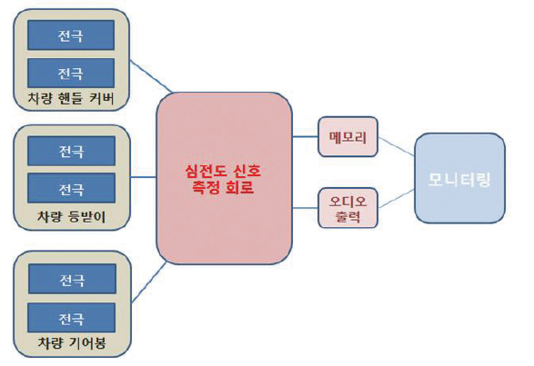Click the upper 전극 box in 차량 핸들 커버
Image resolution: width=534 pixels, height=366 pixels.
click(71, 35)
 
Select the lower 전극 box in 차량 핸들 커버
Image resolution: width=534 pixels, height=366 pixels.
click(71, 73)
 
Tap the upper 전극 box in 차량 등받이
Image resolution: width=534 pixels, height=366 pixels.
click(71, 151)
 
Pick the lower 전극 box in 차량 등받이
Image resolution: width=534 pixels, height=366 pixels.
click(71, 188)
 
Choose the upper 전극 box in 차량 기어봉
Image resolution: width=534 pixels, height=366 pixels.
click(72, 279)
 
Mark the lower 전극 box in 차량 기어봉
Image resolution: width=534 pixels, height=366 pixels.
click(72, 318)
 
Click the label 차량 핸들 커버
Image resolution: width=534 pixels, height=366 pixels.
click(71, 98)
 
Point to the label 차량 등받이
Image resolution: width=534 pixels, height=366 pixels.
click(71, 216)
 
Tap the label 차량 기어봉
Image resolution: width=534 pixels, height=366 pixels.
click(72, 342)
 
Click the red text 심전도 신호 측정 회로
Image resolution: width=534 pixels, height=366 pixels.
click(223, 179)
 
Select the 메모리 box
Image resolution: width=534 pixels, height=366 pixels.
click(348, 137)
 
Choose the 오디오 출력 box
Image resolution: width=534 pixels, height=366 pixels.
click(348, 208)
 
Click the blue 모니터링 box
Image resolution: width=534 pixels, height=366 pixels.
click(459, 178)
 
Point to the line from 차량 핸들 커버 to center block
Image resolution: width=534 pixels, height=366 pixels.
click(151, 76)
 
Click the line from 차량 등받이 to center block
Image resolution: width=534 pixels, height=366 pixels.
click(144, 177)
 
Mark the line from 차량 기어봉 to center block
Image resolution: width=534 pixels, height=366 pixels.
click(149, 282)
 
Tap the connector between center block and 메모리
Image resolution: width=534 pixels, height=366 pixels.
click(305, 137)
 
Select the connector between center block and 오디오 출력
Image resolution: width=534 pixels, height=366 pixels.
click(305, 208)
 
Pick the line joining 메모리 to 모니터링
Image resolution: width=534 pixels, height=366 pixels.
click(397, 146)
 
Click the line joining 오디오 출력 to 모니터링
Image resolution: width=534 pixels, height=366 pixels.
click(397, 198)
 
